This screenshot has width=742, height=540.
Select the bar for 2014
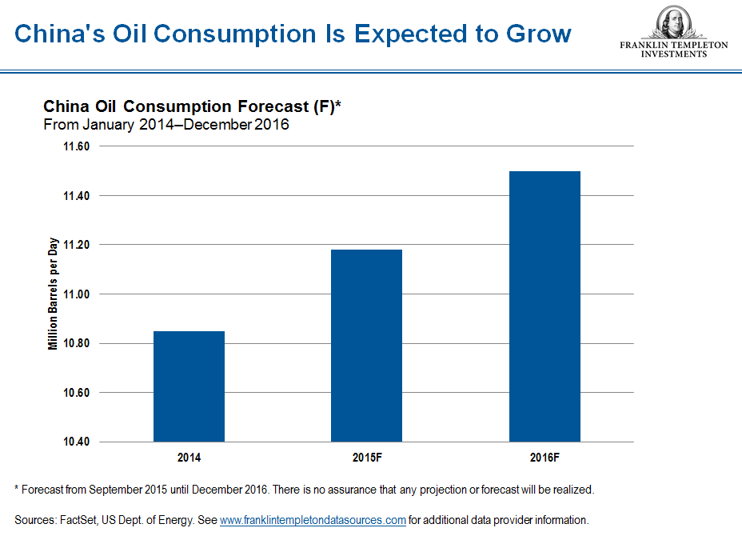(x=189, y=386)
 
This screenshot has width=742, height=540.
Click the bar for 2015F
(x=366, y=345)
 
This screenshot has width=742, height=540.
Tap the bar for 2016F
(x=545, y=306)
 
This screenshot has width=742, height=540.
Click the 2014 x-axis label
(x=189, y=458)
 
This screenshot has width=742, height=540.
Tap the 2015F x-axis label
(x=366, y=458)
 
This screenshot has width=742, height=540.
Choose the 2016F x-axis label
(x=545, y=458)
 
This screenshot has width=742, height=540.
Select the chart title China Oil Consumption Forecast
(x=192, y=106)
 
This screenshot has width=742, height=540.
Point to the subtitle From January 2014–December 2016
(x=166, y=124)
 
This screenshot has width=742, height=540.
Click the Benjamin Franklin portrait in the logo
(x=673, y=22)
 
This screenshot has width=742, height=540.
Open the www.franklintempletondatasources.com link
(x=313, y=520)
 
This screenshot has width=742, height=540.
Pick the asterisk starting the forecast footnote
(x=17, y=488)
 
